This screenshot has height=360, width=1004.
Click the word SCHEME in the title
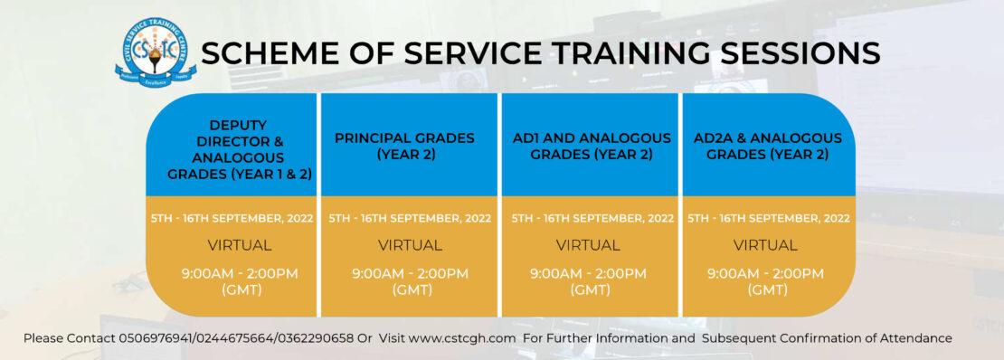click(255, 53)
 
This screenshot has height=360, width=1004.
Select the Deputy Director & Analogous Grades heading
click(232, 149)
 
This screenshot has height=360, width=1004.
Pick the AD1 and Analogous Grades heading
click(592, 146)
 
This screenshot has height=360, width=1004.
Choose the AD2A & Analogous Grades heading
click(767, 146)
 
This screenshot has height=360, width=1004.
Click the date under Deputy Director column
click(232, 219)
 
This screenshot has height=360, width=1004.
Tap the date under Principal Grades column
click(410, 219)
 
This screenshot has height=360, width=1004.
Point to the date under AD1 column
click(592, 219)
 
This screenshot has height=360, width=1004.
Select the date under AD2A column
click(769, 219)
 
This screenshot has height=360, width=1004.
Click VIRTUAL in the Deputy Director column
click(240, 245)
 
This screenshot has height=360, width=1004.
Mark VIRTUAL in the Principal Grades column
click(410, 245)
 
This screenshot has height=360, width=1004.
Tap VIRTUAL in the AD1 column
click(588, 245)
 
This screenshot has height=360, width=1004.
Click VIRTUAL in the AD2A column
click(765, 245)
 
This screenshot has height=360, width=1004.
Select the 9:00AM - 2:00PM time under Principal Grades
click(410, 273)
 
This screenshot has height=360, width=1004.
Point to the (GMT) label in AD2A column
click(767, 290)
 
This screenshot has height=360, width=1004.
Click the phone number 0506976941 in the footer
click(153, 338)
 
